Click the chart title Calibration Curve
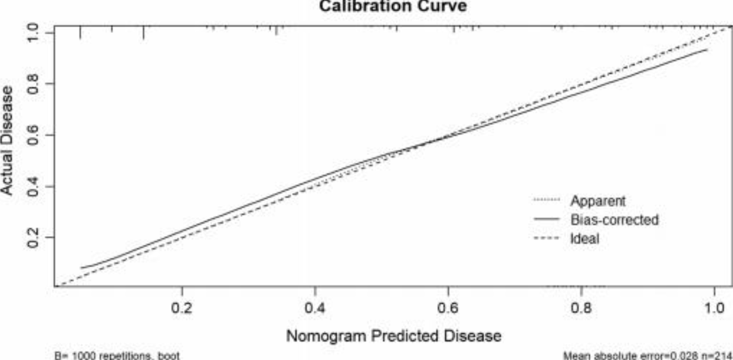[x=393, y=6]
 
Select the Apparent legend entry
[x=598, y=200]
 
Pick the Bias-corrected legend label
[x=614, y=220]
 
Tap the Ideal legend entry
[x=584, y=238]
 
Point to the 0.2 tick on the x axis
[x=182, y=309]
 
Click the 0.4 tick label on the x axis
[x=315, y=309]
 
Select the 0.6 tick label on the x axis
[x=448, y=309]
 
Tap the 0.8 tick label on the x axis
[x=581, y=309]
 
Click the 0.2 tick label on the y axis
[x=34, y=238]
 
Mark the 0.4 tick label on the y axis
[x=34, y=186]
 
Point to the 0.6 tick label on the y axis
[x=34, y=135]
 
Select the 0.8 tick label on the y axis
[x=34, y=84]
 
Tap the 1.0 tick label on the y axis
[x=34, y=33]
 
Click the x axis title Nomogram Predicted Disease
[x=393, y=336]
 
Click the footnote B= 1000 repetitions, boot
[x=117, y=355]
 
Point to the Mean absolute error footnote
[x=647, y=355]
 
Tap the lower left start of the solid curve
[x=81, y=268]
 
